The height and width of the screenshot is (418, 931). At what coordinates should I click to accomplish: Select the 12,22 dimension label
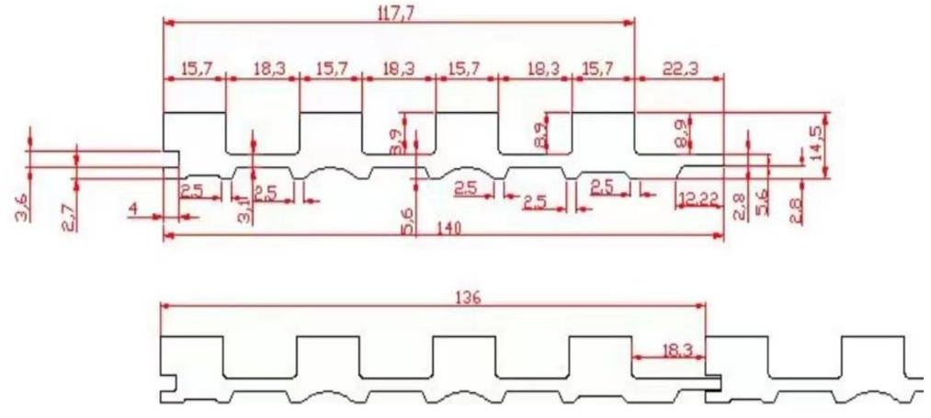pos(697,200)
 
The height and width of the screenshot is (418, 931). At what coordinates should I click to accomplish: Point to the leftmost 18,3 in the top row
pos(266,68)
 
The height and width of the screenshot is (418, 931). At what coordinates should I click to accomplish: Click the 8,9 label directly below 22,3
pos(681,133)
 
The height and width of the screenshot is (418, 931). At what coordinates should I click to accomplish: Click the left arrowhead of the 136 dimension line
pos(164,308)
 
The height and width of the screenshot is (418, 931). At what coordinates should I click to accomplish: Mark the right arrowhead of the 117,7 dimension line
pos(632,21)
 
